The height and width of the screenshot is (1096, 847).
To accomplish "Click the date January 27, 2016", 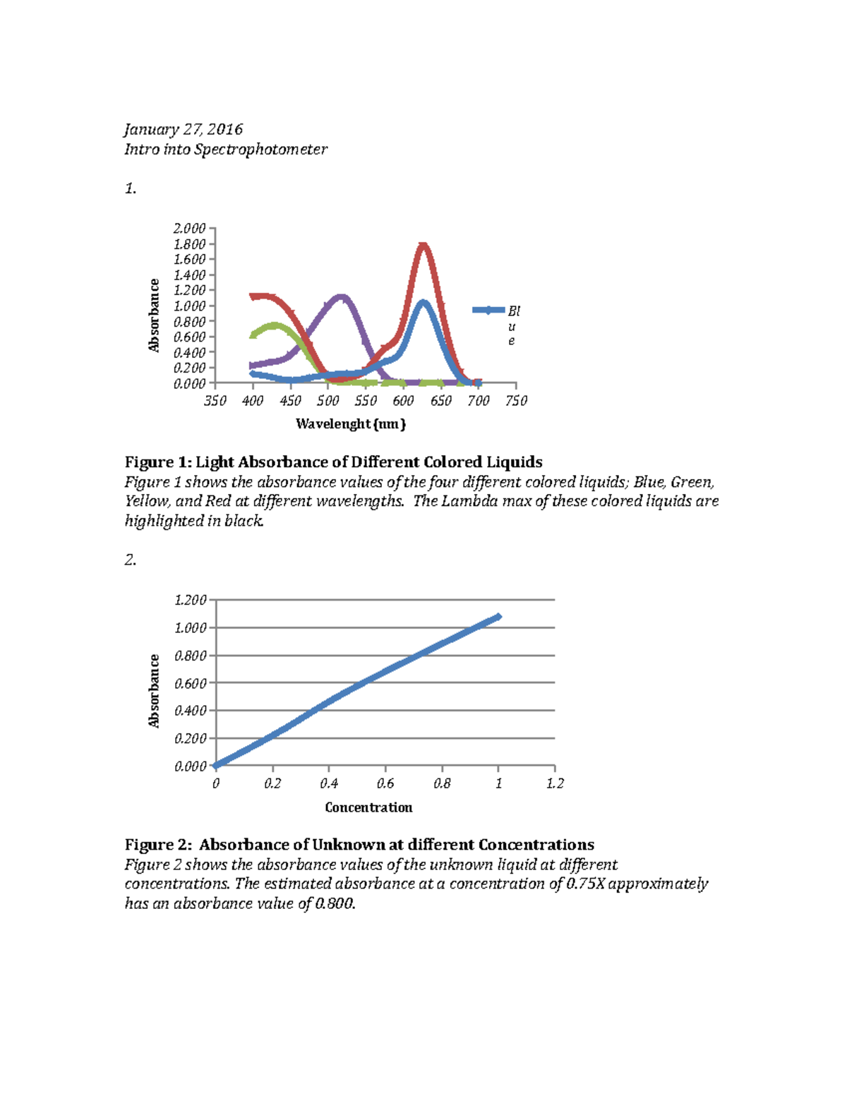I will [184, 129].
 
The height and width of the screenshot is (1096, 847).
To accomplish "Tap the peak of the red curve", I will [423, 245].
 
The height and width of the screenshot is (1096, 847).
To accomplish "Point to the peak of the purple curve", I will [342, 297].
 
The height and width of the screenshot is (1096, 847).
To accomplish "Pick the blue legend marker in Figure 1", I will [488, 310].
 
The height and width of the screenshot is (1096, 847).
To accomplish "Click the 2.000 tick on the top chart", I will [189, 229].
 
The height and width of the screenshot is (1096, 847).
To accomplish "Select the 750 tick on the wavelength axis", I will [516, 401].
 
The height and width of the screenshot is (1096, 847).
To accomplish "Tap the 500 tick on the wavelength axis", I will [328, 401].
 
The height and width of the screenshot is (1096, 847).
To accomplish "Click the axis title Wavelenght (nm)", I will [351, 424].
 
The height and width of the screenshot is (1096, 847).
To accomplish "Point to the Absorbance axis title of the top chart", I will [154, 315].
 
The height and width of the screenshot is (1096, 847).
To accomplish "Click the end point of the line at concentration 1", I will [498, 617].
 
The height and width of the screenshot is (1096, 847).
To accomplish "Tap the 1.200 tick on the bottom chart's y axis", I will [190, 601].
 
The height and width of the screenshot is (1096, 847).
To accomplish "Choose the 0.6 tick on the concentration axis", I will [385, 783].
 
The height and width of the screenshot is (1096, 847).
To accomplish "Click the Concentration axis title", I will [368, 807].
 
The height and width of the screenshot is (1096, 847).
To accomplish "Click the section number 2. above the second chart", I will [131, 560].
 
